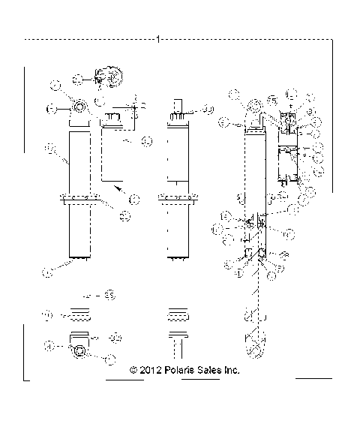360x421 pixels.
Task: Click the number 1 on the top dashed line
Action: [x=159, y=38]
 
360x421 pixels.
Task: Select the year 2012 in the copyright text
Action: [x=149, y=370]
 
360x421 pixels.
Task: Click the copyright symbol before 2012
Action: [x=133, y=370]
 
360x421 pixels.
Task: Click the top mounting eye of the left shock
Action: [x=79, y=109]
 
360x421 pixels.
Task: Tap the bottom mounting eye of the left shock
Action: [x=79, y=350]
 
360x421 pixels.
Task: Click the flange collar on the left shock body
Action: [x=79, y=200]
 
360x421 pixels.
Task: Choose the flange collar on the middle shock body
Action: [x=177, y=200]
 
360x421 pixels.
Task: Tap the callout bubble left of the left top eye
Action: [x=52, y=109]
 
